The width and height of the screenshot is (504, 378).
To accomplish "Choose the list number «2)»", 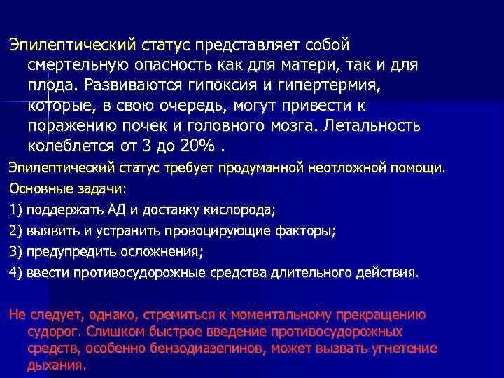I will pos(15,230).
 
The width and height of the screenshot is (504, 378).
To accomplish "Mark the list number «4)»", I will pos(15,272).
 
